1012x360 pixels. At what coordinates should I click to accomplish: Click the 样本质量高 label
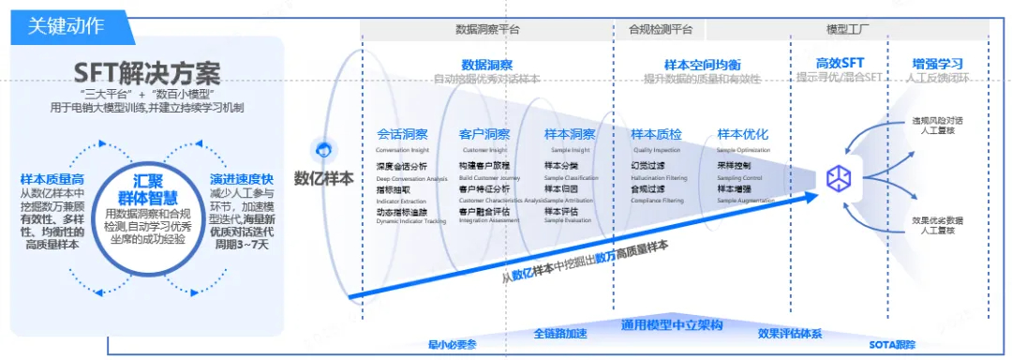51,178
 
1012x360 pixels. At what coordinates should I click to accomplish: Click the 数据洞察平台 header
487,29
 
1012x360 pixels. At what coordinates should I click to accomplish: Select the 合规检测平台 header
661,29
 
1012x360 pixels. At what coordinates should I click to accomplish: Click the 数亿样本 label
324,177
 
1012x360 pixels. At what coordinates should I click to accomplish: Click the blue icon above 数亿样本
324,150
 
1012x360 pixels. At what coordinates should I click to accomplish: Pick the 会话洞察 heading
402,135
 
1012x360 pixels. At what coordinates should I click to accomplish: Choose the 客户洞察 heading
484,135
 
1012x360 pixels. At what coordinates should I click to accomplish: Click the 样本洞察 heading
570,135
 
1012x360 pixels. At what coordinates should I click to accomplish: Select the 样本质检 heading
657,135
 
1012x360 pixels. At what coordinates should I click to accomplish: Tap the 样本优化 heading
743,135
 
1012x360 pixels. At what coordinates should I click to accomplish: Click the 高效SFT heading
838,64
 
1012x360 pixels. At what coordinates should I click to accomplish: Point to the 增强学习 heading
938,64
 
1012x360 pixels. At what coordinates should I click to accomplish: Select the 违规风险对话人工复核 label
938,127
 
